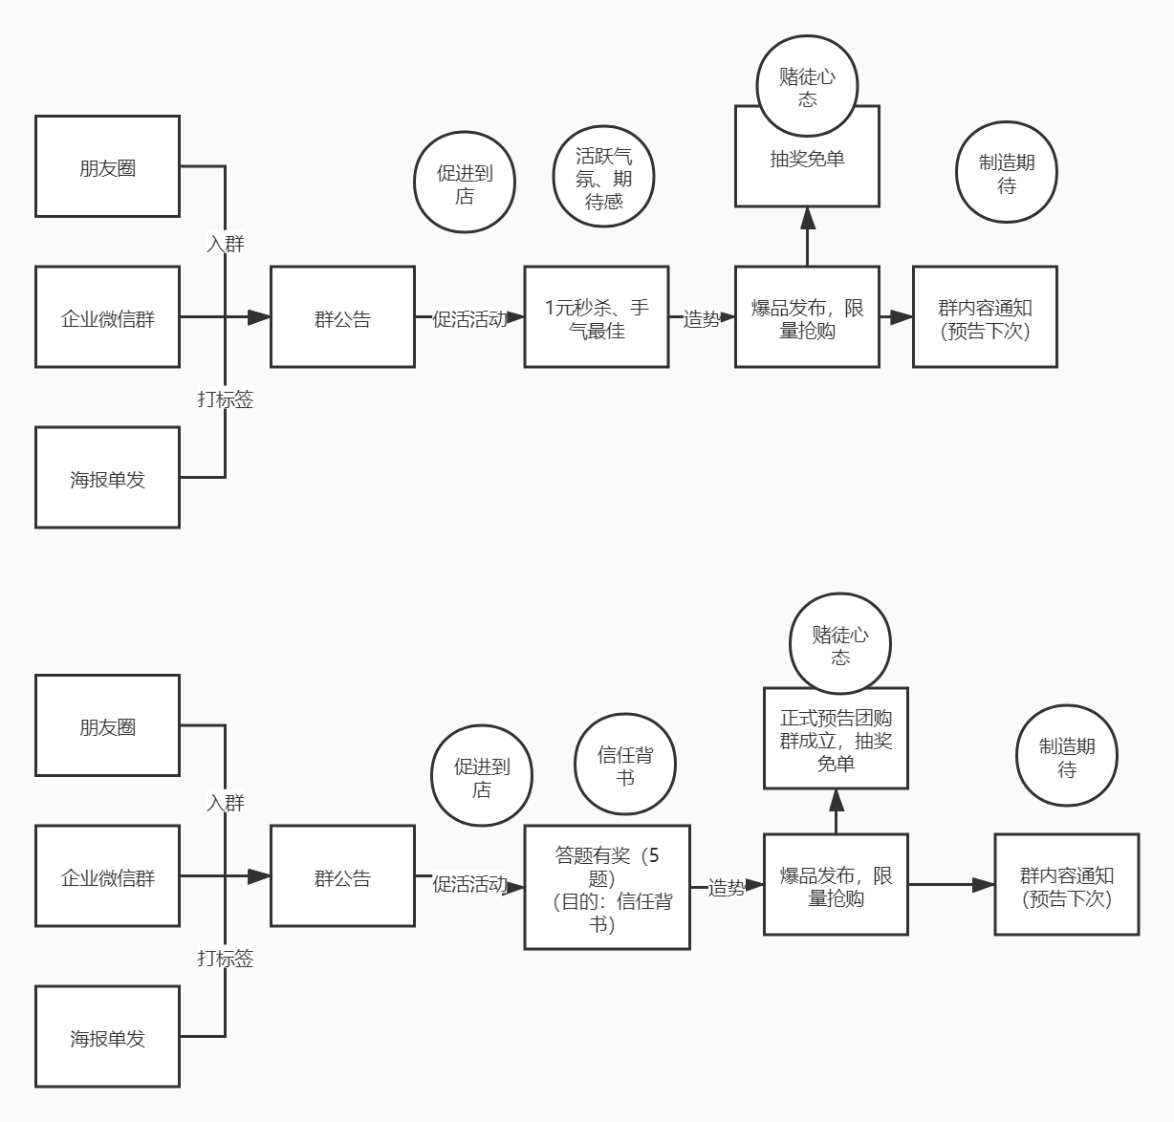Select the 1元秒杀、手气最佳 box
[x=597, y=317]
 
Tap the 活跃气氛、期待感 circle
[x=603, y=178]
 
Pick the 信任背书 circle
[x=625, y=765]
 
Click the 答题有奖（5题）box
[x=607, y=888]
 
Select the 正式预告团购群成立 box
[x=836, y=739]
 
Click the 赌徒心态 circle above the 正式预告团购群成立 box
[x=840, y=645]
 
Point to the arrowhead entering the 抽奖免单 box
[x=808, y=219]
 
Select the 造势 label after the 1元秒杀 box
[x=702, y=318]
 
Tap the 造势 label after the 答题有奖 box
[x=727, y=887]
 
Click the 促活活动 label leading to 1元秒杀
[x=469, y=318]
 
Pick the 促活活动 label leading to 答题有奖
[x=469, y=884]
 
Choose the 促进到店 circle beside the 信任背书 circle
[x=482, y=777]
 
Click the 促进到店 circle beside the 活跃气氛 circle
[x=465, y=183]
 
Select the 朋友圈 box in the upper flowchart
[x=107, y=167]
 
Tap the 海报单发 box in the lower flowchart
[x=107, y=1037]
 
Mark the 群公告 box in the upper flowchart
[x=342, y=318]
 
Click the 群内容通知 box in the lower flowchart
[x=1067, y=885]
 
